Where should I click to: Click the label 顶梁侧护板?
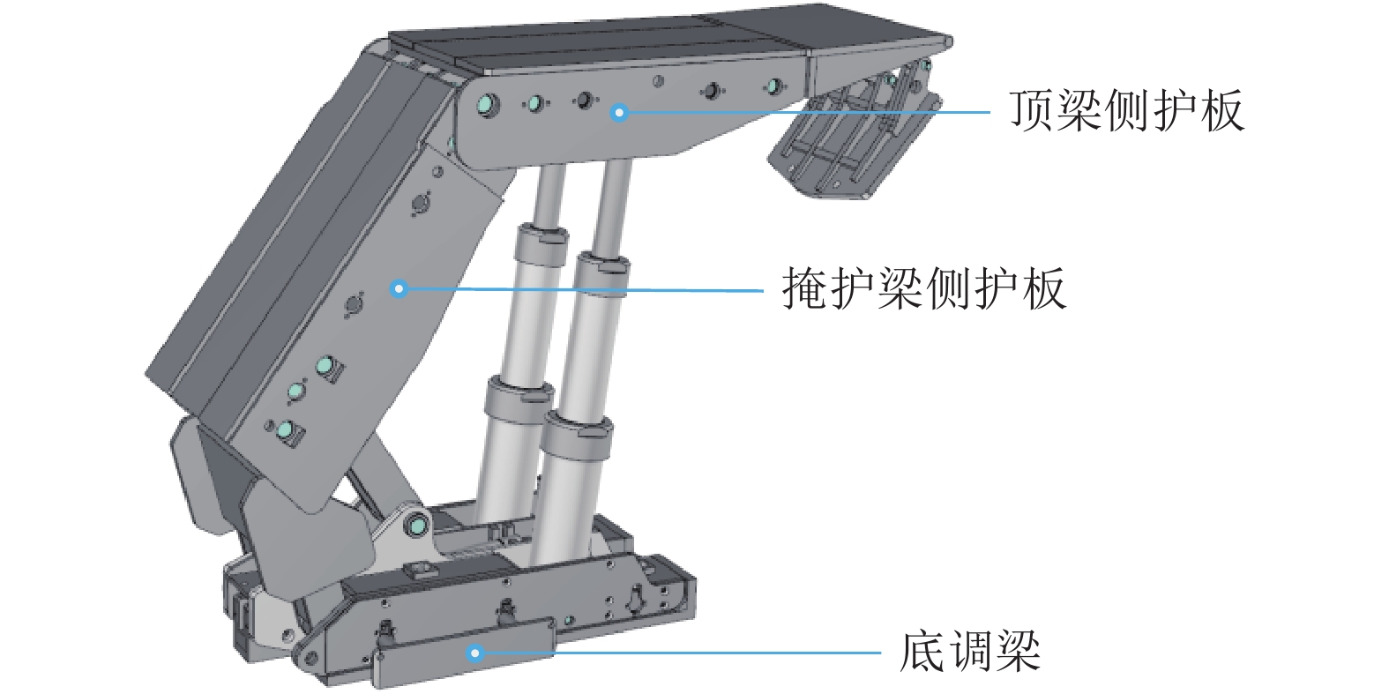[1127, 110]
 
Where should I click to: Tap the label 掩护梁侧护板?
[924, 288]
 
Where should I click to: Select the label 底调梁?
[970, 651]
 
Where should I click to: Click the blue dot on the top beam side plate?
[619, 113]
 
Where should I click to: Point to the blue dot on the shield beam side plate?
[400, 288]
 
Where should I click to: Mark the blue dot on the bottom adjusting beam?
[475, 653]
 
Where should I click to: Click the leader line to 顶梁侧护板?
[804, 112]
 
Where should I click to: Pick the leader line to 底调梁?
[678, 653]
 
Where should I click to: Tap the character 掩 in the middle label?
[804, 288]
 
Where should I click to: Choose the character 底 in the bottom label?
[922, 651]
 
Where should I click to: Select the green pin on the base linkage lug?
[418, 526]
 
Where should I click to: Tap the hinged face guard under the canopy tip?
[855, 146]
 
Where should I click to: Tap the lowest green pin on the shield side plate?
[286, 429]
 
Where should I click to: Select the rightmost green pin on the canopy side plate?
[774, 86]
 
